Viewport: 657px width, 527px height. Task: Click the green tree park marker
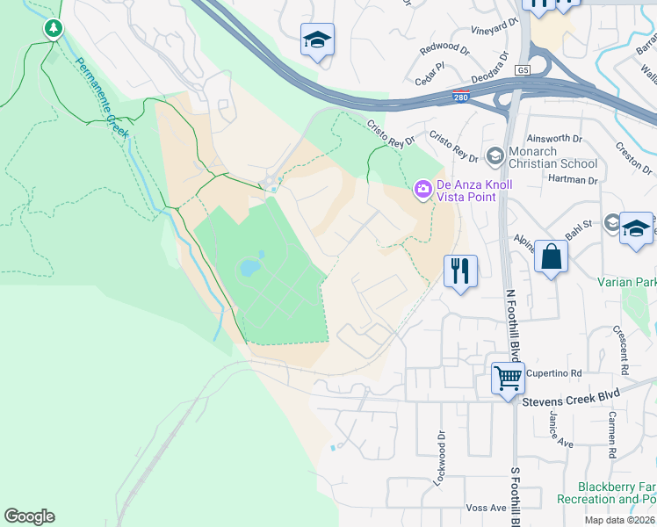tap(54, 29)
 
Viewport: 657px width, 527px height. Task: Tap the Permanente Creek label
tap(101, 98)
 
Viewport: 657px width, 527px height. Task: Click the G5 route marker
tap(524, 69)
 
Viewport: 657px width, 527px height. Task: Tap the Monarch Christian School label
tap(553, 157)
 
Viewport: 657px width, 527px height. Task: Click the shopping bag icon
tap(551, 256)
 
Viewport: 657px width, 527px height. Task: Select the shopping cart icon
tap(508, 379)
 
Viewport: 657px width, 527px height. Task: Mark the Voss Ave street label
tap(487, 508)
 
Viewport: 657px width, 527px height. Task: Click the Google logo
tap(29, 516)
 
